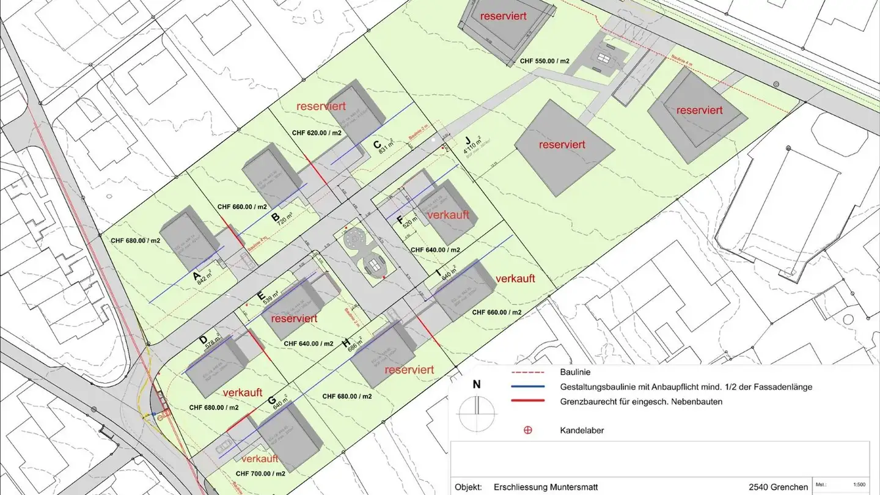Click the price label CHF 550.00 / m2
coord(544,61)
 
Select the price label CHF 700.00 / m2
coord(260,474)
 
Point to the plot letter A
coord(197,277)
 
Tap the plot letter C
coord(377,145)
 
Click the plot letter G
coord(271,401)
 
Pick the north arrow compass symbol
coord(477,408)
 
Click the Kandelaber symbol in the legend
coord(527,430)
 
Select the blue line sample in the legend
coord(527,387)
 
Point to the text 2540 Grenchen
coord(778,487)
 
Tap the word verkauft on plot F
coord(449,215)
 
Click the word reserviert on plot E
coord(294,318)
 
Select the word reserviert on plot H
coord(409,370)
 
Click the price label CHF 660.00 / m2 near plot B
coord(242,207)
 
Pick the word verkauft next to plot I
coord(515,278)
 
